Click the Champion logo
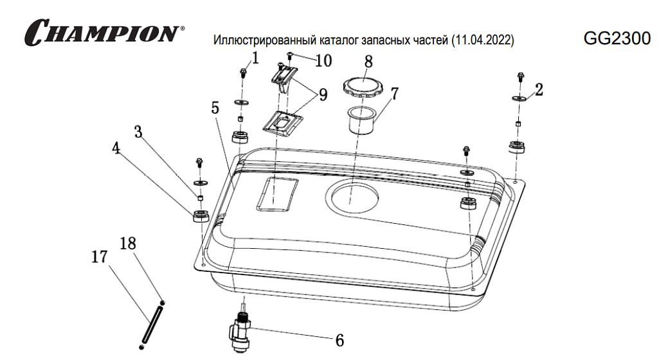(x=104, y=32)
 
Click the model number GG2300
(x=617, y=39)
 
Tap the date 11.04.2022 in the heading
(x=482, y=40)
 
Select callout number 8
(x=368, y=62)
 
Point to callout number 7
(x=394, y=94)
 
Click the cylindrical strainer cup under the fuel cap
(x=361, y=121)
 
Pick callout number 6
(x=339, y=340)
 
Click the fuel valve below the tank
(x=240, y=332)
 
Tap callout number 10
(x=323, y=61)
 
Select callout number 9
(x=323, y=95)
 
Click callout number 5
(x=215, y=108)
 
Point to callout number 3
(x=138, y=132)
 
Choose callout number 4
(x=116, y=148)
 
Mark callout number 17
(x=100, y=256)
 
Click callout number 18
(x=128, y=243)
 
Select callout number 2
(x=539, y=89)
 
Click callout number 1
(x=255, y=58)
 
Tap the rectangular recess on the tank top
(x=277, y=194)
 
